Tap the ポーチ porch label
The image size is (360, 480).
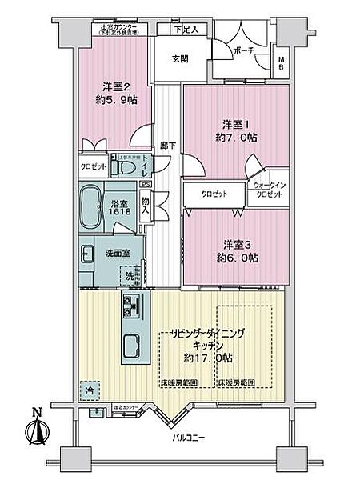point(244,50)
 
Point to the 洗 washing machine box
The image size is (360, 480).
point(130,276)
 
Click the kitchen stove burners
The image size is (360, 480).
point(132,304)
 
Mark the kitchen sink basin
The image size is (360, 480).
point(132,346)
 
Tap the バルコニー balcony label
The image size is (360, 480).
point(190,439)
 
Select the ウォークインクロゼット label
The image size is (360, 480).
point(269,190)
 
